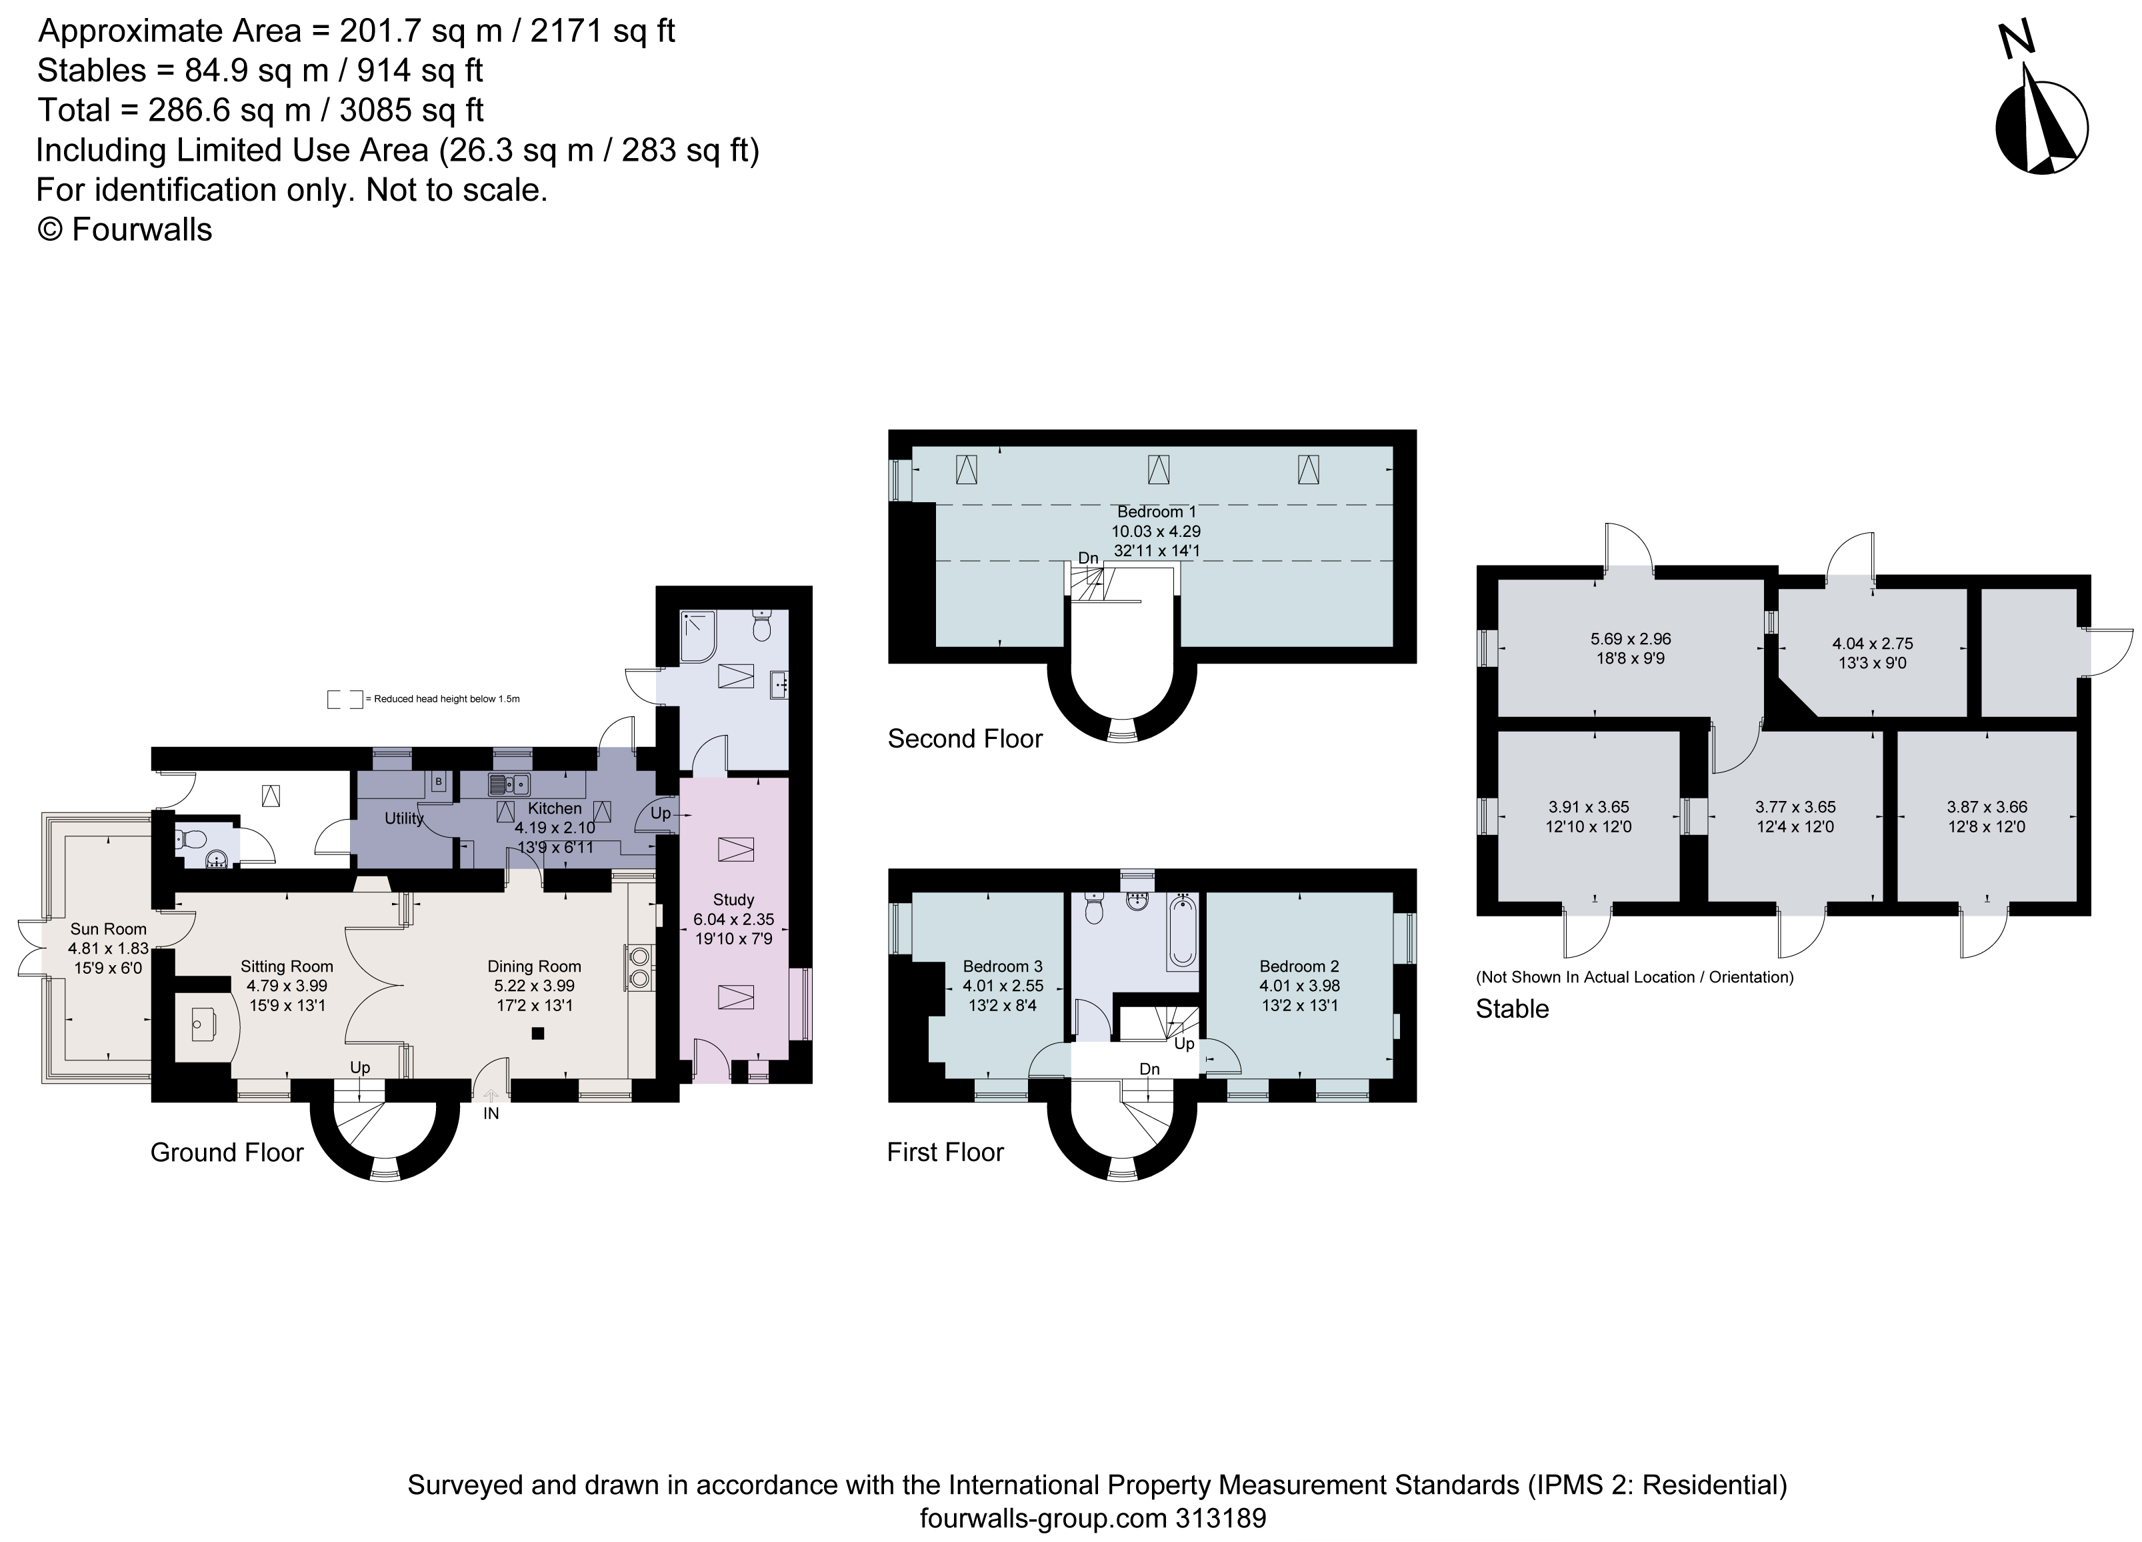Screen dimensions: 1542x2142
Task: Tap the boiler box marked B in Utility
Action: coord(438,782)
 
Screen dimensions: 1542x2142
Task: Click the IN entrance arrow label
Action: coord(491,1114)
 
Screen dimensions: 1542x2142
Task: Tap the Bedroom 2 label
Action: coord(1299,966)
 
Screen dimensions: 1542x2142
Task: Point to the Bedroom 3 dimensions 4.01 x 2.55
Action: coord(1002,986)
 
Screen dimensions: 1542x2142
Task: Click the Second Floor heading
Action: coord(964,739)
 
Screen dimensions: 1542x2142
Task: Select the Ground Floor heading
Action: coord(227,1152)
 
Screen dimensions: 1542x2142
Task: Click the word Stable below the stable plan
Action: coord(1512,1009)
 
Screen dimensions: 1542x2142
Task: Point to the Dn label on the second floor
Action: coord(1088,558)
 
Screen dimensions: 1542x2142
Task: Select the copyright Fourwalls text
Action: coord(125,229)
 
